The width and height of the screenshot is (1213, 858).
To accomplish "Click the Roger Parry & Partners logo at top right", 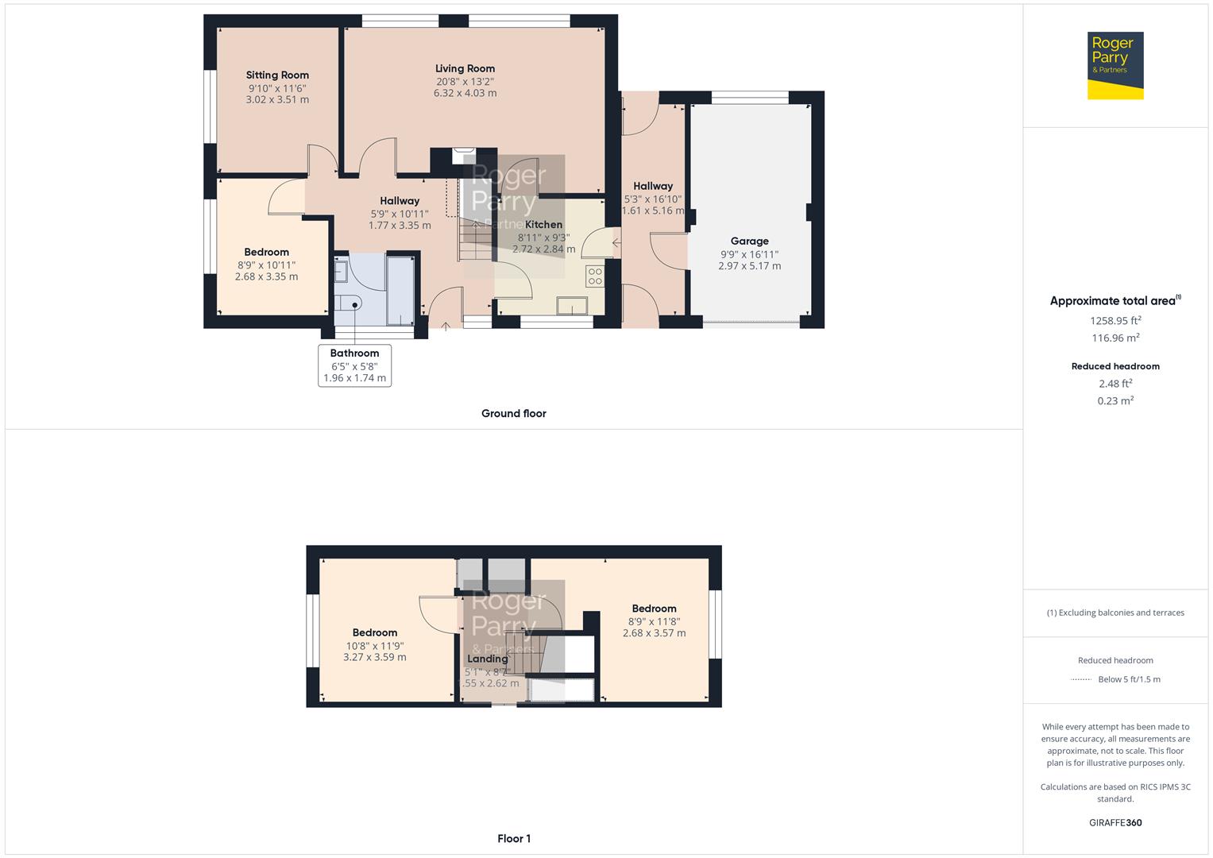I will coord(1114,65).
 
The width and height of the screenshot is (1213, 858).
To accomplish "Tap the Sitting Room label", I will coord(277,75).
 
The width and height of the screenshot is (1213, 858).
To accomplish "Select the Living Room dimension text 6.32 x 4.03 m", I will coord(465,93).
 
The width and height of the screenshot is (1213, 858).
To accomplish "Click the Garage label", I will coord(749,241).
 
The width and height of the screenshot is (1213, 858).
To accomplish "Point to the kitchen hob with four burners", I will coord(594,276).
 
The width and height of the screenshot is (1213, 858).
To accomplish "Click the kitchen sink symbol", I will coord(572,306).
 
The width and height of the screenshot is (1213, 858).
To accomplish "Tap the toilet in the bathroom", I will coord(347,303).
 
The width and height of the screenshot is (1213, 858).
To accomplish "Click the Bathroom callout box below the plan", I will coord(354,365).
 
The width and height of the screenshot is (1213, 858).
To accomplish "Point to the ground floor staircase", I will coord(475,238).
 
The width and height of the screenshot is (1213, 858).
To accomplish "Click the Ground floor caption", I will coord(513,413).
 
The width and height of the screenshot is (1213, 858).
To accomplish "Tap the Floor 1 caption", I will coord(513,838).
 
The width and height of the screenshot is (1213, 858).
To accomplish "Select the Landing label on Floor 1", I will coord(487,659).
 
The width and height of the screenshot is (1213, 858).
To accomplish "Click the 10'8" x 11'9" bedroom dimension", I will coord(374,646).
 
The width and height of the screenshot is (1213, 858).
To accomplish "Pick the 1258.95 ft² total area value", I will coord(1114,321).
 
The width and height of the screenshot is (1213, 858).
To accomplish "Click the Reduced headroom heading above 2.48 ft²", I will coord(1114,366).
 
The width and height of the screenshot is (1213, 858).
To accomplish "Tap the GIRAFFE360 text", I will coord(1114,822).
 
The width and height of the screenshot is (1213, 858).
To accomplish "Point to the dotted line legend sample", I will coord(1080,680).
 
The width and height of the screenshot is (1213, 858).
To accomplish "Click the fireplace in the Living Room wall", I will coord(463,157).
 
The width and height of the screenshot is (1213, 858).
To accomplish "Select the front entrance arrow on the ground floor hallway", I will coord(446,326).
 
